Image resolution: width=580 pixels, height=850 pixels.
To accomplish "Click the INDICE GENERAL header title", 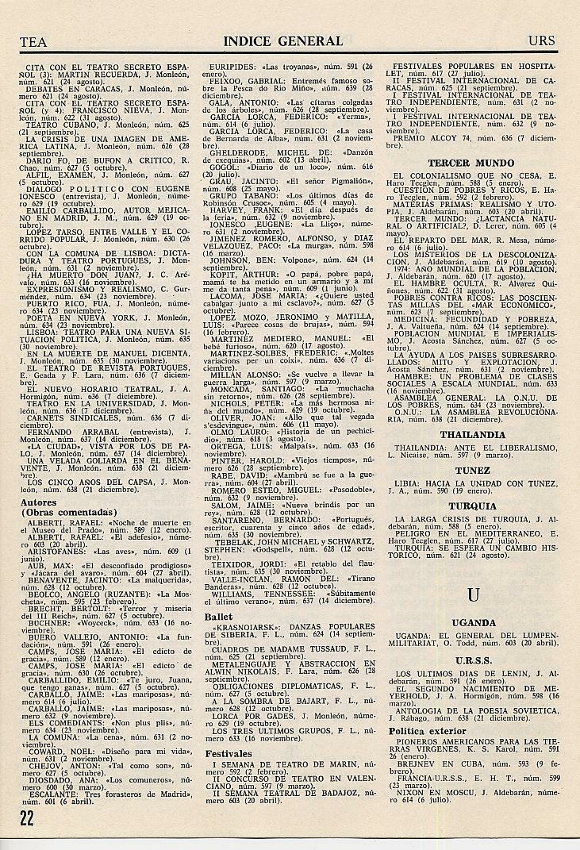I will click(283, 41).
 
